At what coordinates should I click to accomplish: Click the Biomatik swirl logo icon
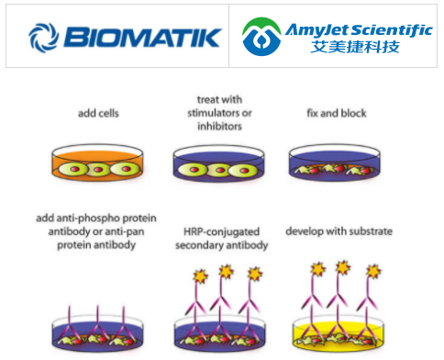pyautogui.click(x=42, y=37)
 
